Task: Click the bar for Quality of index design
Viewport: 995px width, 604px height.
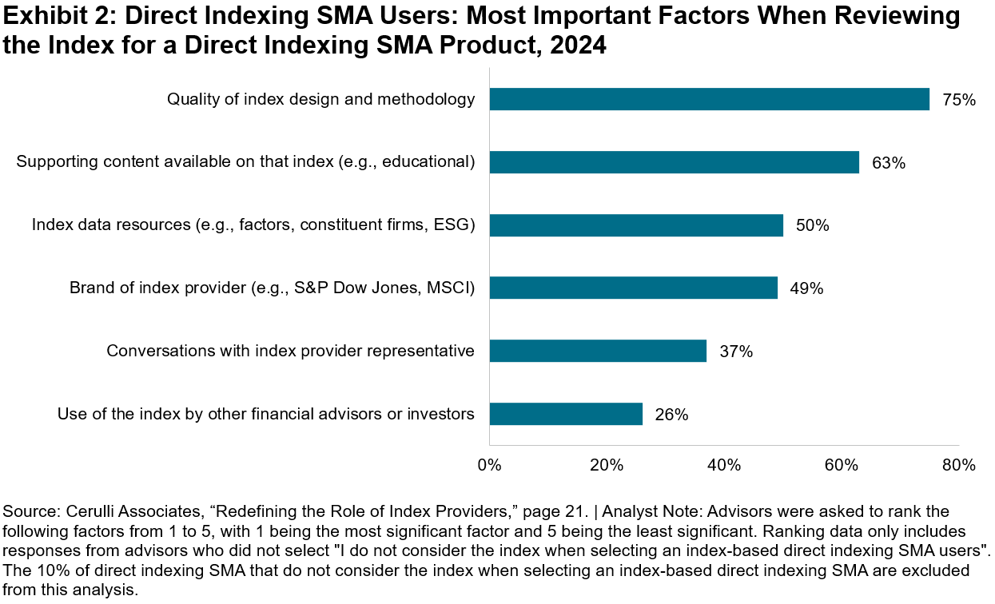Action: pyautogui.click(x=709, y=99)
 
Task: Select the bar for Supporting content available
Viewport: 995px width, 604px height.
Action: pyautogui.click(x=674, y=162)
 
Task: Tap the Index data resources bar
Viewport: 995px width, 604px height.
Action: pyautogui.click(x=636, y=225)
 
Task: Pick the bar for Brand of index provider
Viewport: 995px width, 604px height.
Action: pyautogui.click(x=633, y=288)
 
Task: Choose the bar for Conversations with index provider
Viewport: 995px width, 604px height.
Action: pyautogui.click(x=598, y=351)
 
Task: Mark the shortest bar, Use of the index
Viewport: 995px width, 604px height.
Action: pyautogui.click(x=566, y=414)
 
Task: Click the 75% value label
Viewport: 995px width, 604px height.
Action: pyautogui.click(x=959, y=100)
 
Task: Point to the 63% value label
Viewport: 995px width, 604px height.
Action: pyautogui.click(x=889, y=163)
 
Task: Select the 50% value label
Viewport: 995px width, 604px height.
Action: pyautogui.click(x=813, y=225)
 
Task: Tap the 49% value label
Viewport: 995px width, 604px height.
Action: pyautogui.click(x=807, y=288)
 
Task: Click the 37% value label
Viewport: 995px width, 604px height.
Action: pyautogui.click(x=736, y=352)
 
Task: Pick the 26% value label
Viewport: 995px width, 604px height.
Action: pyautogui.click(x=672, y=415)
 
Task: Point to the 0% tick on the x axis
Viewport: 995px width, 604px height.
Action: pyautogui.click(x=489, y=465)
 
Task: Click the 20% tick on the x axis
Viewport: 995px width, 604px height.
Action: pyautogui.click(x=607, y=465)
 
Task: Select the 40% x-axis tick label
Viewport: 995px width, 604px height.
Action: pyautogui.click(x=724, y=465)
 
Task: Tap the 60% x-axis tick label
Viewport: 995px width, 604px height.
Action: pyautogui.click(x=842, y=465)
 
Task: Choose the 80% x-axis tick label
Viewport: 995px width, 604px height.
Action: pyautogui.click(x=958, y=465)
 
